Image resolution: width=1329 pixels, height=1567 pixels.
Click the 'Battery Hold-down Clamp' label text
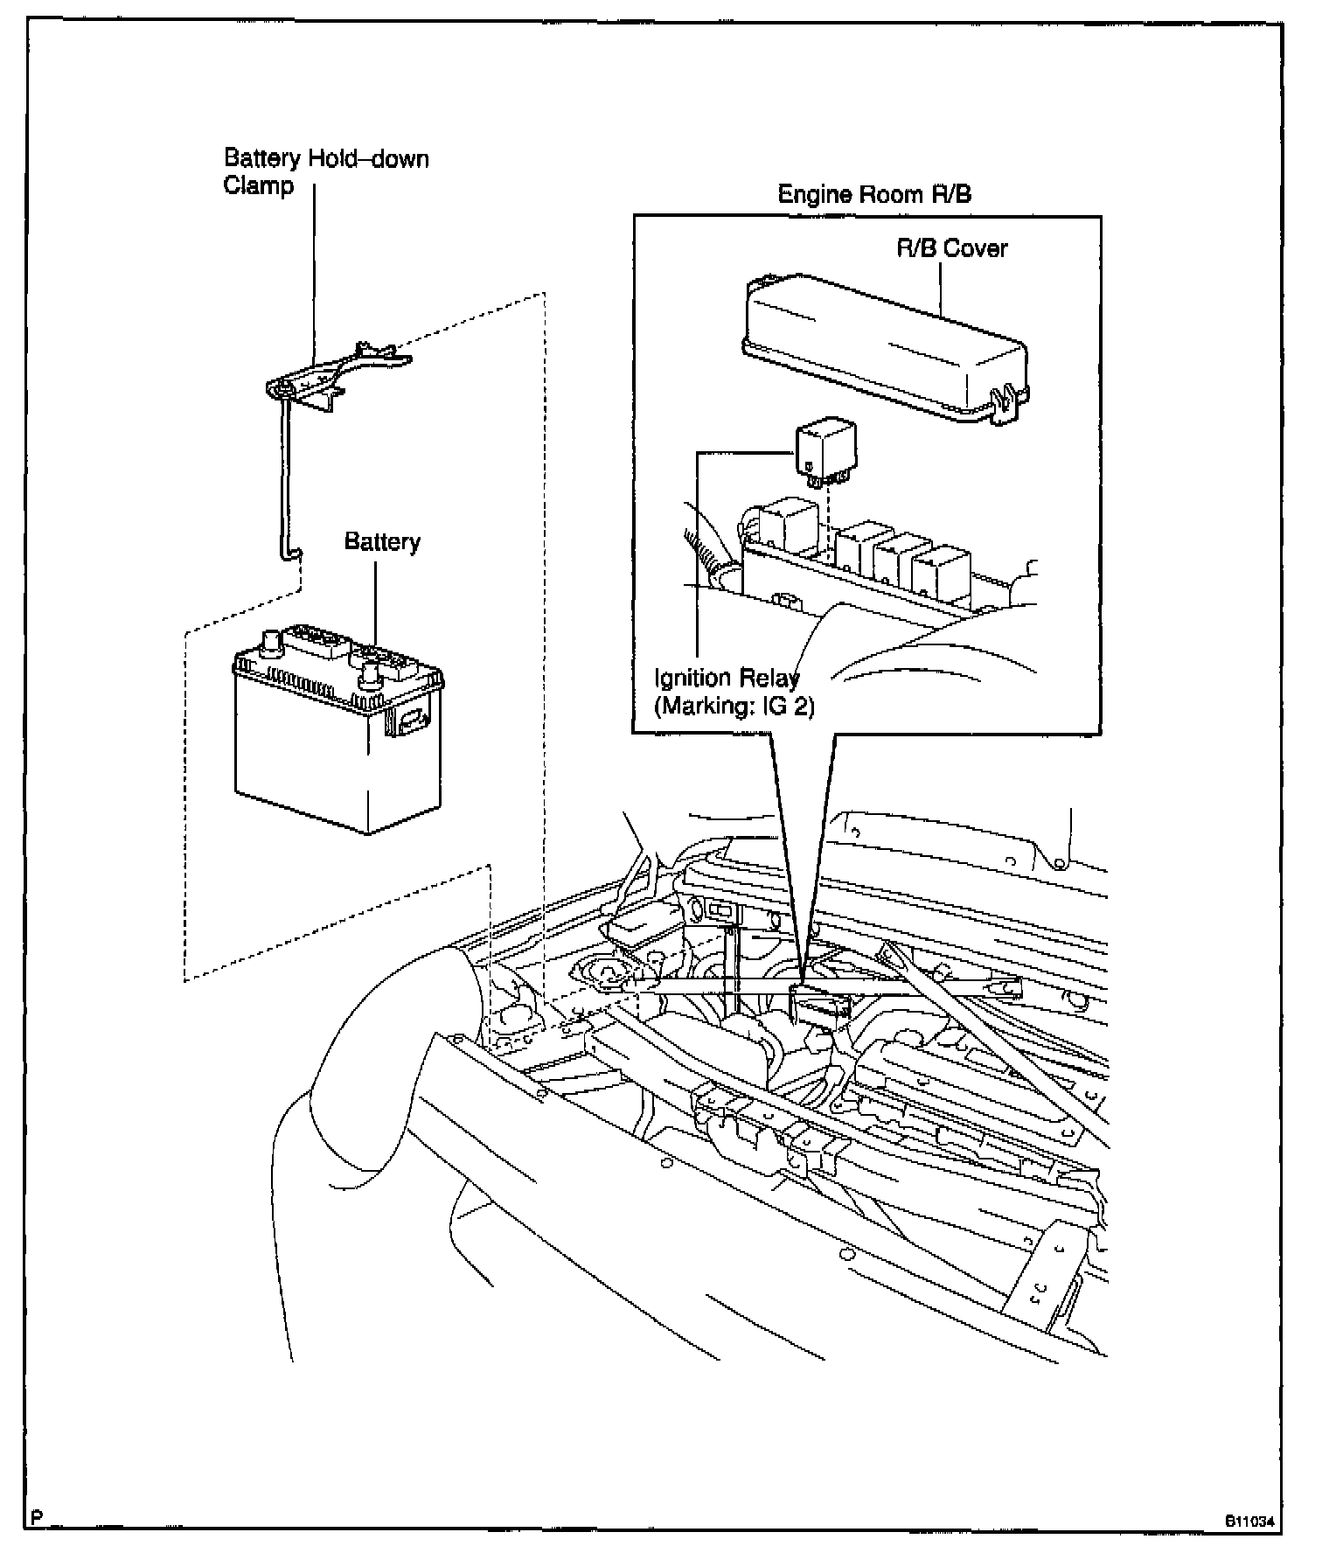pos(325,172)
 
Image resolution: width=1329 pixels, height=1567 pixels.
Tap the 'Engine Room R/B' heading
pos(873,194)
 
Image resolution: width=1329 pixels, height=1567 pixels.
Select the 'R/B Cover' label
pos(951,248)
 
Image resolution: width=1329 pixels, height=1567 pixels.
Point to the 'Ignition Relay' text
pos(726,679)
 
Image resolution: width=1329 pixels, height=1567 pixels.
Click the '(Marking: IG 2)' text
pos(734,706)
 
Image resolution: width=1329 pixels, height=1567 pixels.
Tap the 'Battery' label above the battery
pos(382,542)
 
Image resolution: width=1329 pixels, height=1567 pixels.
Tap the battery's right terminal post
pos(370,673)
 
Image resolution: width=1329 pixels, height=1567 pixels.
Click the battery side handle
pos(411,720)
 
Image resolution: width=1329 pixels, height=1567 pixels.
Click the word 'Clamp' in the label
pos(259,186)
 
